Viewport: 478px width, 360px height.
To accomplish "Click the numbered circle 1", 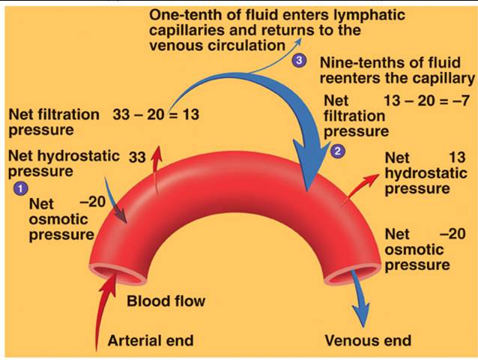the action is tap(20, 188).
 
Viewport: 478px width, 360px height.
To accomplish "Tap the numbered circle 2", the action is tap(337, 151).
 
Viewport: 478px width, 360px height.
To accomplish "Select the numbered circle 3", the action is tap(300, 61).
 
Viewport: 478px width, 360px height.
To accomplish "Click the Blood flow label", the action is tap(166, 301).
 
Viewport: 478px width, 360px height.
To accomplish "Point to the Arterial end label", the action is tap(151, 340).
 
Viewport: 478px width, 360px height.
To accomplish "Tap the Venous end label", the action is tap(368, 340).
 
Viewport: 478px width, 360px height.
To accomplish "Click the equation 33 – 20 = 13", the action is tap(156, 115).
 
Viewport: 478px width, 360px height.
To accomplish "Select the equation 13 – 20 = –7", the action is tap(426, 100).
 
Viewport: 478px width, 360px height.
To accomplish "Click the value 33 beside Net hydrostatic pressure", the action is tap(137, 157).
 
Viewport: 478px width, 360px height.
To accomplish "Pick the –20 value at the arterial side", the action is tap(93, 201).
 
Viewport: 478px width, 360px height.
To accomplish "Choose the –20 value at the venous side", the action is tap(453, 234).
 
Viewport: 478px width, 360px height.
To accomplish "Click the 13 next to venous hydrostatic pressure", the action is tap(457, 157).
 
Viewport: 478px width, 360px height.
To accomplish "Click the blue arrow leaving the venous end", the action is tap(359, 298).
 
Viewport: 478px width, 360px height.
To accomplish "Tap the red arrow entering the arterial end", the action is tap(104, 308).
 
